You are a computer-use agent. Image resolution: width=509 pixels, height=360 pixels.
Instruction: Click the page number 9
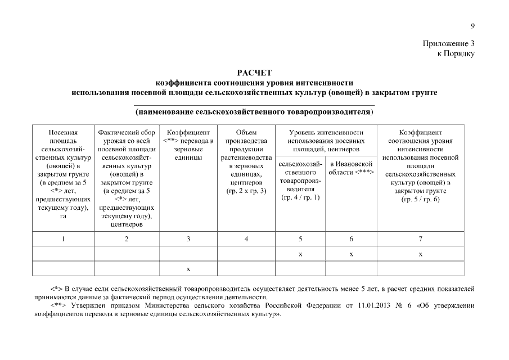pyautogui.click(x=473, y=25)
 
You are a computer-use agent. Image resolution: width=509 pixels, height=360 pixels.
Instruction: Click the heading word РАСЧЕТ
pyautogui.click(x=254, y=73)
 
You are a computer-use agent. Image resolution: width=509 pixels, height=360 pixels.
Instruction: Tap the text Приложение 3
pyautogui.click(x=448, y=44)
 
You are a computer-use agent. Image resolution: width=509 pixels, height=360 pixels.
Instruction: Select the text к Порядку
pyautogui.click(x=456, y=53)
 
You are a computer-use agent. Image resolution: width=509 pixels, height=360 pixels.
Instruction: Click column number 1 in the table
pyautogui.click(x=63, y=239)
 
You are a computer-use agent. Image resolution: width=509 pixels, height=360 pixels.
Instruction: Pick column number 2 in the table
pyautogui.click(x=127, y=239)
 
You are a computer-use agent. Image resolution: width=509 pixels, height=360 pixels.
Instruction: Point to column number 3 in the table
pyautogui.click(x=188, y=239)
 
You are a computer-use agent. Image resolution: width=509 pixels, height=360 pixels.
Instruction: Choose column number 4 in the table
pyautogui.click(x=246, y=239)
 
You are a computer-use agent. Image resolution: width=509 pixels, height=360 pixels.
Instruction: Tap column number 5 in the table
pyautogui.click(x=300, y=239)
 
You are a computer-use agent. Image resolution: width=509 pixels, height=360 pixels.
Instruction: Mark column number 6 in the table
pyautogui.click(x=351, y=239)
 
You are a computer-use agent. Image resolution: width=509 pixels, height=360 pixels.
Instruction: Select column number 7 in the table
pyautogui.click(x=421, y=239)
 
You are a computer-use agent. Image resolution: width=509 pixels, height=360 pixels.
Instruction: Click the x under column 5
pyautogui.click(x=300, y=254)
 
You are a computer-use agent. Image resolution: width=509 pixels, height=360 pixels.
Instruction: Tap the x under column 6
pyautogui.click(x=351, y=254)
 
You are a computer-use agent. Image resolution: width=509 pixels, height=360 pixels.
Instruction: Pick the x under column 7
pyautogui.click(x=421, y=254)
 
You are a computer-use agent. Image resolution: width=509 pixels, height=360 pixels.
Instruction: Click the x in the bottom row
pyautogui.click(x=188, y=268)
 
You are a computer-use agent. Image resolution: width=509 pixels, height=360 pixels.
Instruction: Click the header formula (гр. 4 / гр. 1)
pyautogui.click(x=300, y=197)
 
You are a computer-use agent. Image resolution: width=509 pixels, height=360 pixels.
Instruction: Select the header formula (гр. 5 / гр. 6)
pyautogui.click(x=421, y=200)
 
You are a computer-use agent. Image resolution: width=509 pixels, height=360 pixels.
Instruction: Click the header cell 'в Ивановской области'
pyautogui.click(x=351, y=168)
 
